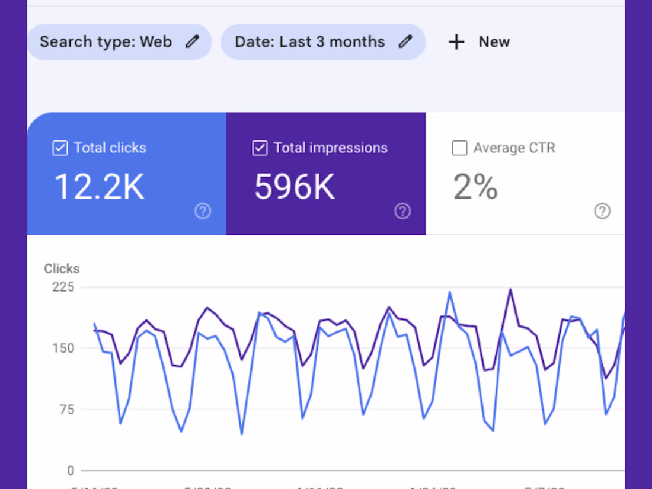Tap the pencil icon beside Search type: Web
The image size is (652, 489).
click(x=192, y=41)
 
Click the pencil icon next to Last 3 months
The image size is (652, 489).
click(x=405, y=41)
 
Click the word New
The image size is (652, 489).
click(x=494, y=42)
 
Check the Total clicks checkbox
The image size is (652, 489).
click(x=60, y=148)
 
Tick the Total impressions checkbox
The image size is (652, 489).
click(x=260, y=148)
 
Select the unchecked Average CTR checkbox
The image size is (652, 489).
click(x=459, y=148)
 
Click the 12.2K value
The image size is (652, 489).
click(x=99, y=187)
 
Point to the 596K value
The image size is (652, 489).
click(x=295, y=187)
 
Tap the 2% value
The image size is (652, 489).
click(x=475, y=187)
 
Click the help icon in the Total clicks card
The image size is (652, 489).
click(x=203, y=211)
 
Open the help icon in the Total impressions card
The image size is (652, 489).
click(x=402, y=211)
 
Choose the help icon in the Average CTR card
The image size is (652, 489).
click(x=602, y=211)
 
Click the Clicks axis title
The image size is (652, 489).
click(x=62, y=269)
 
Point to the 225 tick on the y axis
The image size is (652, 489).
click(x=63, y=287)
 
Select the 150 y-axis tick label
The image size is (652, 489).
click(x=63, y=348)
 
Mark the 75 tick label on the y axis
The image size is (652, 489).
click(x=66, y=410)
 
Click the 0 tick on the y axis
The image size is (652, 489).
click(x=71, y=471)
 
